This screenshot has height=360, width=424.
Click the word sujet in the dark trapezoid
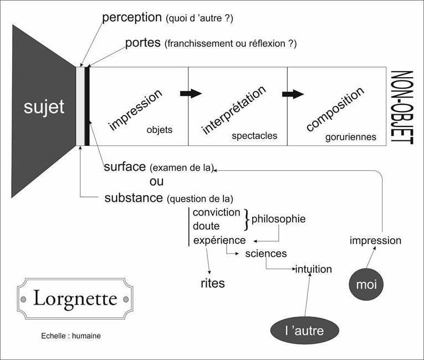pyautogui.click(x=44, y=107)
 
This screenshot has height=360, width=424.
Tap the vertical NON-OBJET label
pyautogui.click(x=402, y=108)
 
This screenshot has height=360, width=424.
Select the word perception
pyautogui.click(x=132, y=17)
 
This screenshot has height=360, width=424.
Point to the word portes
pyautogui.click(x=143, y=43)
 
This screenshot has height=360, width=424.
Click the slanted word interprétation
pyautogui.click(x=233, y=109)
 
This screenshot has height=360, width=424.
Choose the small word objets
pyautogui.click(x=160, y=130)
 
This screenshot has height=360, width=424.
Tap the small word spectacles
pyautogui.click(x=254, y=135)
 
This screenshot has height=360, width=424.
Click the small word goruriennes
pyautogui.click(x=351, y=136)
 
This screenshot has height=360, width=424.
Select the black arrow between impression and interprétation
pyautogui.click(x=191, y=93)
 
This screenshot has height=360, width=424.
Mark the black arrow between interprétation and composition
pyautogui.click(x=293, y=93)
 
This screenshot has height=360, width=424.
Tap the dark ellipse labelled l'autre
pyautogui.click(x=304, y=331)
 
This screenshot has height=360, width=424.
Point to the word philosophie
pyautogui.click(x=278, y=219)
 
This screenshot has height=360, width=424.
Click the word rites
pyautogui.click(x=212, y=283)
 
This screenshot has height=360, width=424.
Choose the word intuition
pyautogui.click(x=313, y=270)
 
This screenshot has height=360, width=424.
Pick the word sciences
pyautogui.click(x=266, y=253)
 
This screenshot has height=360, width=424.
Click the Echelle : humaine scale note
pyautogui.click(x=71, y=336)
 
